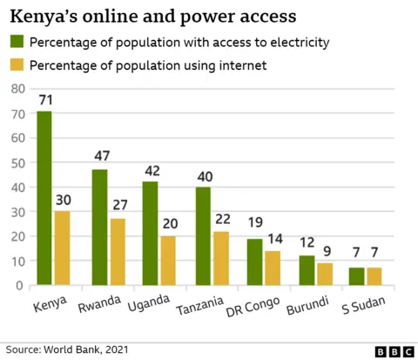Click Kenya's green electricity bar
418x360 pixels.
coord(44,198)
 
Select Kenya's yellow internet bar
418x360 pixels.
coord(61,248)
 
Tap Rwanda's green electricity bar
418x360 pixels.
coord(100,228)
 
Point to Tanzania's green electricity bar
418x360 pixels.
coord(202,236)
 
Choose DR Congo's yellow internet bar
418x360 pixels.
coord(272,268)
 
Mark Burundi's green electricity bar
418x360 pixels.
coord(306,270)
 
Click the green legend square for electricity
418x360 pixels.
coord(17,42)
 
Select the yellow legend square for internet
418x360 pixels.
coord(17,65)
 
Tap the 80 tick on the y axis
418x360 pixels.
coord(15,90)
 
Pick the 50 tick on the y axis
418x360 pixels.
coord(15,163)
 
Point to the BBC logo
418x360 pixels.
coord(393,350)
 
